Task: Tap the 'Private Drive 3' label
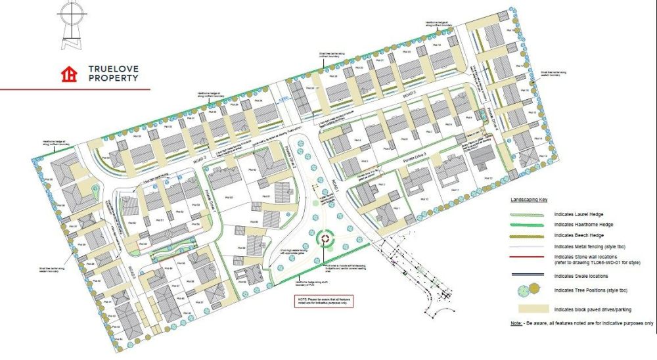click(415, 157)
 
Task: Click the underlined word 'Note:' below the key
click(516, 324)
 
